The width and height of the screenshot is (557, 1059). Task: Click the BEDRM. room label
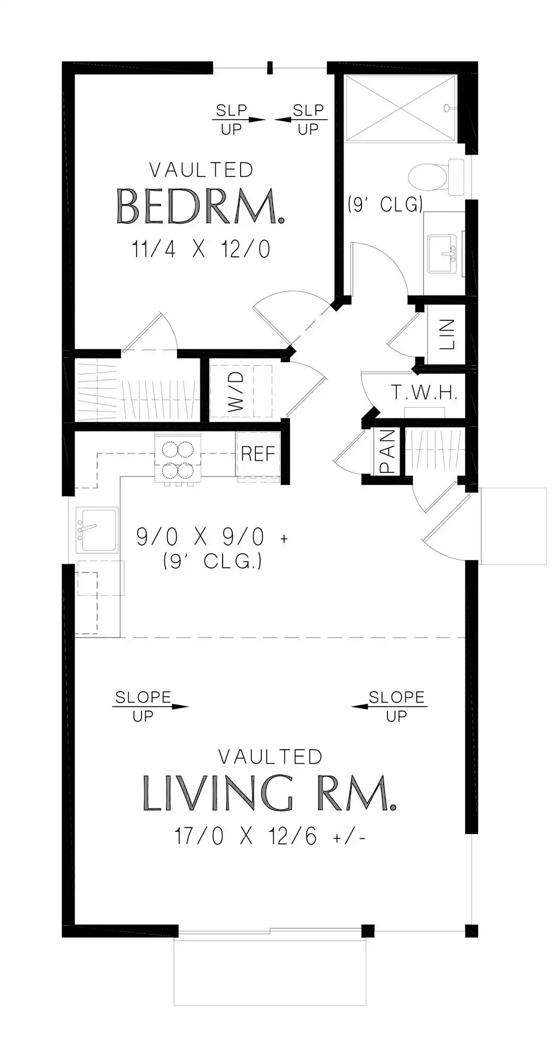point(200,206)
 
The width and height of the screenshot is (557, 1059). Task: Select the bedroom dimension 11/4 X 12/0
point(201,249)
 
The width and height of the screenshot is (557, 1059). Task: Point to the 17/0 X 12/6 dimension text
point(270,837)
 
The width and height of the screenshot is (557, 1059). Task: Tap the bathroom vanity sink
point(443,255)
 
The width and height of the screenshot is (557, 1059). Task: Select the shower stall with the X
point(400,108)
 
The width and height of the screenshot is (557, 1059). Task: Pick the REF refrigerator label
point(258,454)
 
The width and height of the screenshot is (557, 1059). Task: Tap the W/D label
point(236,392)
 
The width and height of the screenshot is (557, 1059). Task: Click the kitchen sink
point(96,529)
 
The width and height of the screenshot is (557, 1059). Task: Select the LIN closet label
point(447,334)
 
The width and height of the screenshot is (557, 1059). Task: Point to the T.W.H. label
point(425,392)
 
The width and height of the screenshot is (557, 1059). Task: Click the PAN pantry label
point(387,451)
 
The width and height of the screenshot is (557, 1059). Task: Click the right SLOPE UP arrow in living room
point(390,706)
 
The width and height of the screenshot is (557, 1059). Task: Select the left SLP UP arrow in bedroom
point(238,120)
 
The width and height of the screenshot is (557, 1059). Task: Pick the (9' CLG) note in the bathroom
point(385,204)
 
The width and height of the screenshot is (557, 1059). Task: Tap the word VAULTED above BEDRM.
point(201,170)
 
